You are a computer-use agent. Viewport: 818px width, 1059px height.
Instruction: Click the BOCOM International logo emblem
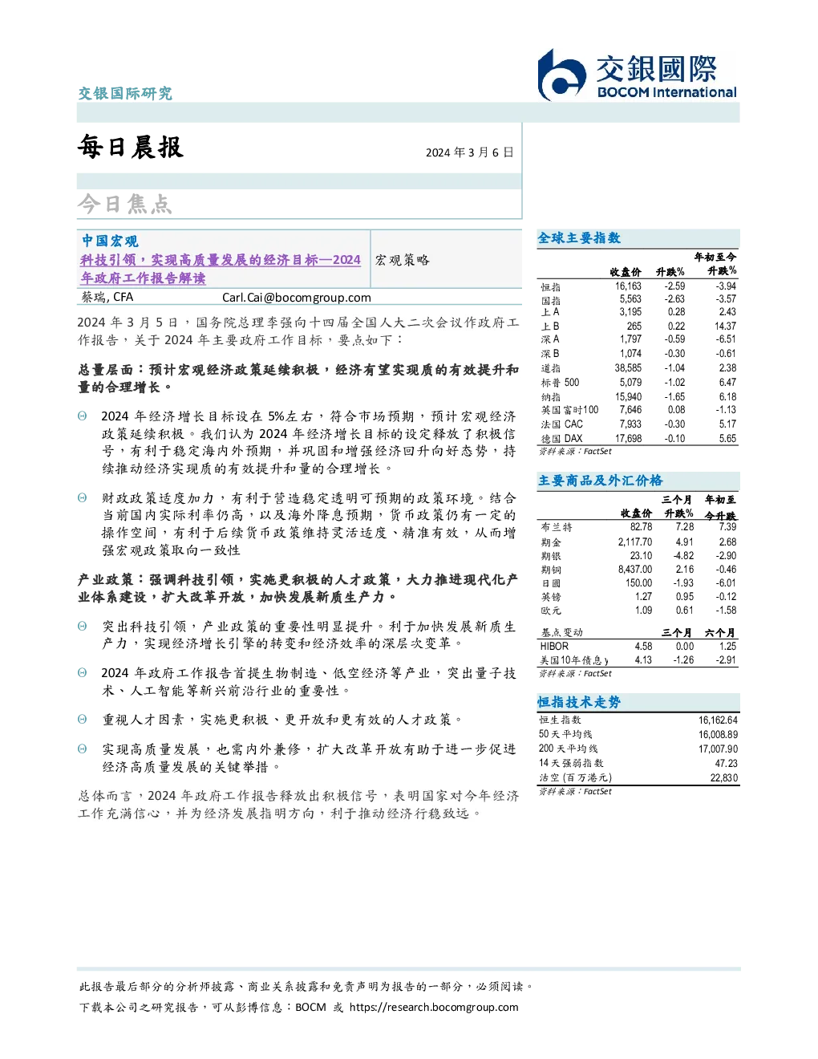pos(561,75)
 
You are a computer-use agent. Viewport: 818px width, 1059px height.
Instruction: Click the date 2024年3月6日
pos(470,152)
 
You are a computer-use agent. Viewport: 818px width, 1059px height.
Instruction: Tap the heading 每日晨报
pos(131,147)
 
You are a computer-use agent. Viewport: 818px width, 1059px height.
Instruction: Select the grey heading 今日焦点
pos(125,204)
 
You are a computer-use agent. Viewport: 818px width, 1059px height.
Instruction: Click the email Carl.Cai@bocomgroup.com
pos(296,298)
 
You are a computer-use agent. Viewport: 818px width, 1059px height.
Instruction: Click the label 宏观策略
pos(402,260)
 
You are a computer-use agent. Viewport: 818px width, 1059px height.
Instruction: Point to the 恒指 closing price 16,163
pos(628,286)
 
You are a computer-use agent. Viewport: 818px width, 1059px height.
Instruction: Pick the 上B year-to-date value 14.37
pos(726,326)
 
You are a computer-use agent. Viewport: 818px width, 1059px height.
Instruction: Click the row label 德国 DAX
pos(561,439)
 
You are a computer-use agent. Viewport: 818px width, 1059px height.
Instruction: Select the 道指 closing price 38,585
pos(628,368)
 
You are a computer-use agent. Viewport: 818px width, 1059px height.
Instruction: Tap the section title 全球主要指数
pos(579,237)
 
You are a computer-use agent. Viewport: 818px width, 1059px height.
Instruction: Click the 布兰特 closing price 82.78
pos(641,527)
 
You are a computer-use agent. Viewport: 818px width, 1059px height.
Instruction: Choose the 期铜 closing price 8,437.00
pos(635,570)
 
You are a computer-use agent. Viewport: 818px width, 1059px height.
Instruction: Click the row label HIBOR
pos(554,646)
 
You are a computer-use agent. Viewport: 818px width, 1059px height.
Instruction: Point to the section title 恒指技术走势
pos(579,702)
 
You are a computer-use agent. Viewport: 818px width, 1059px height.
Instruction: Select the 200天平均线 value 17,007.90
pos(718,749)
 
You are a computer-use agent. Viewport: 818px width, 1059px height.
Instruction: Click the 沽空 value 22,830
pos(724,777)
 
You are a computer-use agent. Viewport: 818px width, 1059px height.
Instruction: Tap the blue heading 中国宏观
pos(110,241)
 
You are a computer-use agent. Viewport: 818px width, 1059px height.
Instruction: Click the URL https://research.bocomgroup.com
pos(434,1008)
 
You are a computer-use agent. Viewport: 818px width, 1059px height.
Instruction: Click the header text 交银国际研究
pos(125,93)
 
